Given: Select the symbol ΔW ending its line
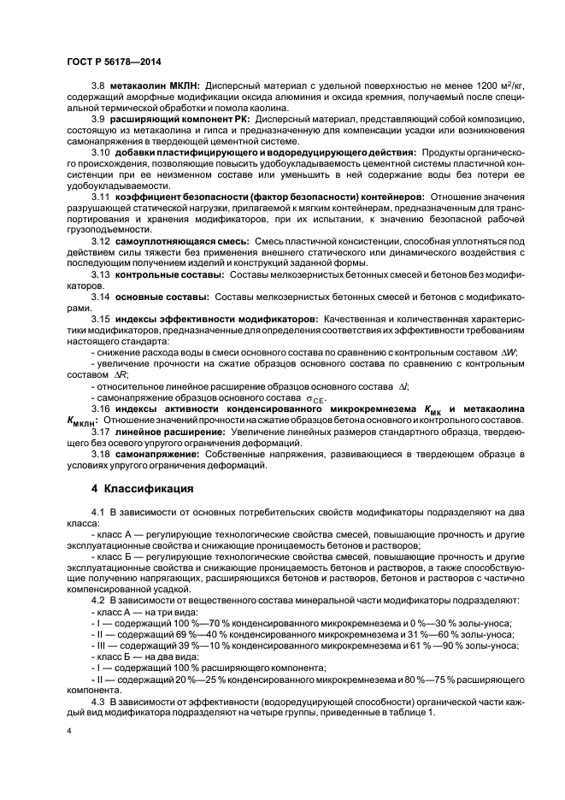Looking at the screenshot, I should [509, 353].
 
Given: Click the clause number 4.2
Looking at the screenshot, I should [98, 599].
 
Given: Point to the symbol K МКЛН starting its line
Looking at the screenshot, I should [81, 422].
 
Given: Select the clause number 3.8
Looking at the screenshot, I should [98, 85].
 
